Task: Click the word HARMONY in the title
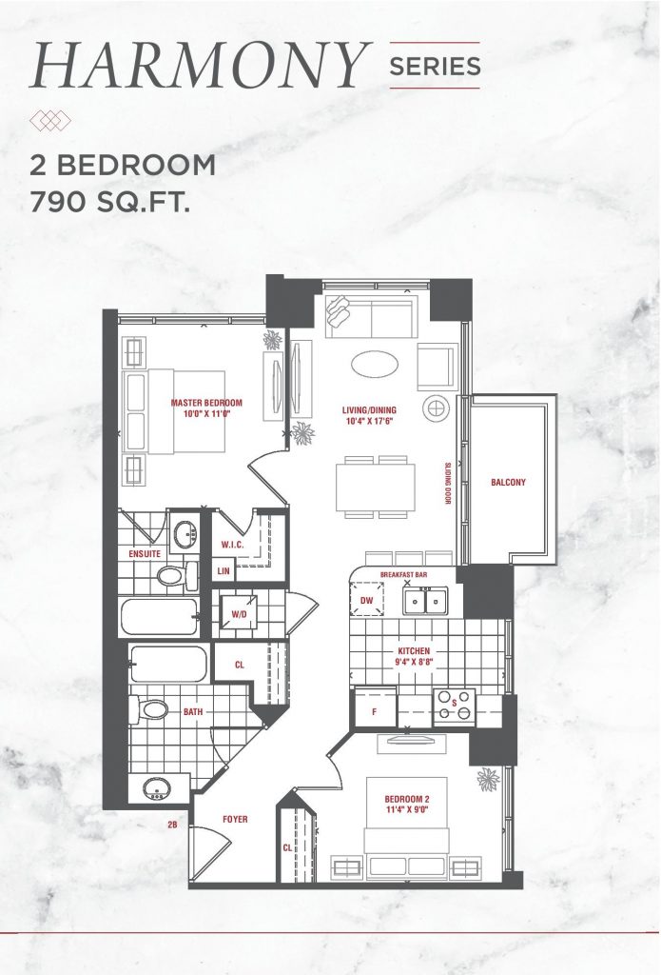[201, 66]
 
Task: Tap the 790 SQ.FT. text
[110, 202]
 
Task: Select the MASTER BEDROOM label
[206, 403]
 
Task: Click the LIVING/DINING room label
[369, 410]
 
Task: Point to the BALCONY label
[508, 482]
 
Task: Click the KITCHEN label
[414, 651]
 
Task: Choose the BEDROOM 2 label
[407, 799]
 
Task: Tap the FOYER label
[235, 820]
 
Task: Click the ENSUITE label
[145, 553]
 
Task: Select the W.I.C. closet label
[232, 545]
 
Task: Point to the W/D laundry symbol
[240, 614]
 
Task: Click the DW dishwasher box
[366, 600]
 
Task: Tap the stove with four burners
[454, 707]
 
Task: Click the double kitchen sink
[425, 601]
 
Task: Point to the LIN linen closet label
[224, 571]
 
